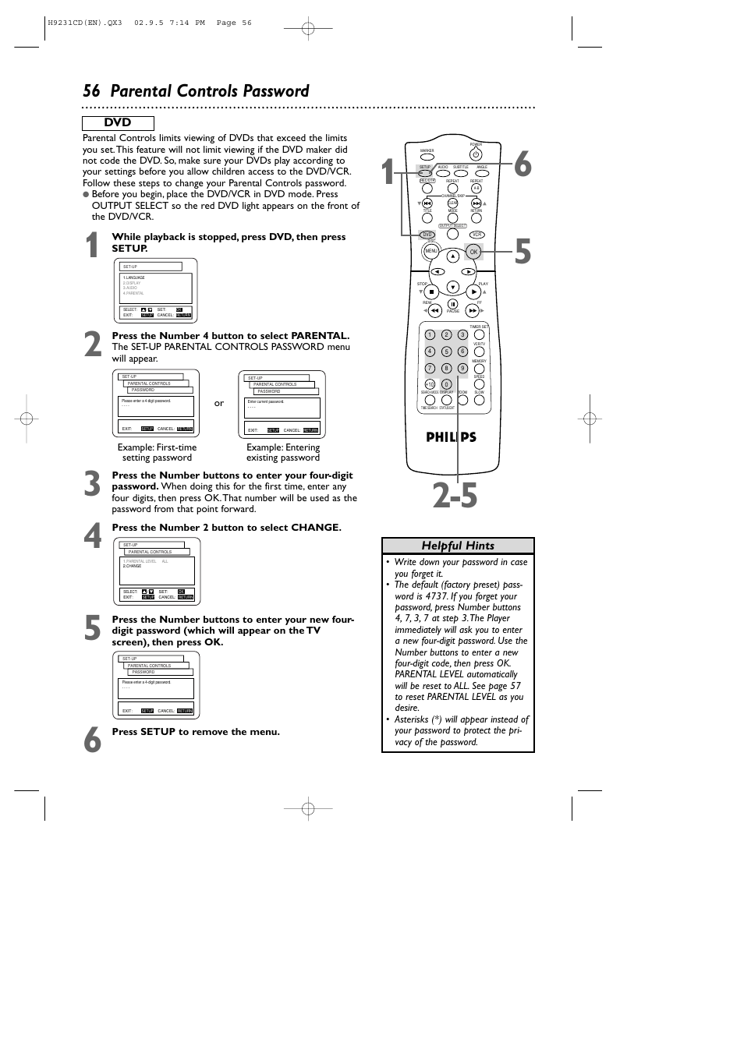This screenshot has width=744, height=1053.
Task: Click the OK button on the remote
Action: tap(473, 252)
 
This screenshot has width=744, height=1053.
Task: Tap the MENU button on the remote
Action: tap(430, 251)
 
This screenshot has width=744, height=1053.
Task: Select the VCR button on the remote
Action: tap(477, 235)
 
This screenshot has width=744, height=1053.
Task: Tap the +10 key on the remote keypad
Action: tap(429, 384)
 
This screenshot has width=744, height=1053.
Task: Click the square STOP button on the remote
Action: tap(430, 292)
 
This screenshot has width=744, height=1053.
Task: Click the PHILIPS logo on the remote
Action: tap(451, 437)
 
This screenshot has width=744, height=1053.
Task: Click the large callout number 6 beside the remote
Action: tap(522, 166)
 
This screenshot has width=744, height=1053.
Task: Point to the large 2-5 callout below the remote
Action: tap(455, 496)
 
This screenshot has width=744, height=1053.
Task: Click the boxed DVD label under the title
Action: tap(118, 123)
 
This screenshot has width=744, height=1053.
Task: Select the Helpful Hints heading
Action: tap(458, 546)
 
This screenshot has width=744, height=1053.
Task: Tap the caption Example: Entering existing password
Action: tap(283, 452)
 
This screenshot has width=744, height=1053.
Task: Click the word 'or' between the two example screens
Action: tap(219, 403)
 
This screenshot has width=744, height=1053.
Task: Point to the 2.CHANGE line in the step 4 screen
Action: tap(133, 566)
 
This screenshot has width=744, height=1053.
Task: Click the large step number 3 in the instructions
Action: tap(92, 485)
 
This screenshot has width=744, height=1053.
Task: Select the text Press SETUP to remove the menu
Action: tap(196, 732)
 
